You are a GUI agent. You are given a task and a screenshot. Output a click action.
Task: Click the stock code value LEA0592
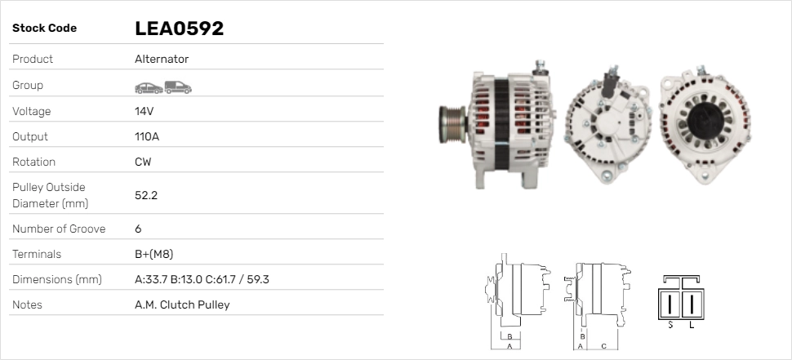coord(179,29)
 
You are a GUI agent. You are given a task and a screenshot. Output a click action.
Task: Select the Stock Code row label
coord(44,29)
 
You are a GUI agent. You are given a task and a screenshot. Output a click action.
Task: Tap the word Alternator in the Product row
coord(162,59)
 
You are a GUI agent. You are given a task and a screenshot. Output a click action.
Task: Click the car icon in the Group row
coord(148,87)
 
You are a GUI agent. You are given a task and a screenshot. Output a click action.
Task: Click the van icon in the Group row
coord(177,87)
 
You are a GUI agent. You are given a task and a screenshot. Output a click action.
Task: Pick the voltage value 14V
coord(145,111)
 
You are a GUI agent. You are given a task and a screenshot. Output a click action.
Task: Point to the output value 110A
coord(147,136)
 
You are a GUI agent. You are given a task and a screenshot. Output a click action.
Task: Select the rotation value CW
coord(143,162)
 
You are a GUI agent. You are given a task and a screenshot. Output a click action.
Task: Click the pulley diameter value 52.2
coord(146,195)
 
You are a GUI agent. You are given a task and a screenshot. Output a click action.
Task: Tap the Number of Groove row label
coord(59,229)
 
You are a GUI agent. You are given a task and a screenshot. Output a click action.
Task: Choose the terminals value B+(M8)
coord(154,254)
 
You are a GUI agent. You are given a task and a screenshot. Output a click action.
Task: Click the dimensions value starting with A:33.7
coord(202,279)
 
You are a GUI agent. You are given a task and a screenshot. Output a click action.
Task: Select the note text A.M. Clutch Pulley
coord(182,304)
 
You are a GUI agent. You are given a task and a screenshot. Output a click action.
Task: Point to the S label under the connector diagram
coord(670,325)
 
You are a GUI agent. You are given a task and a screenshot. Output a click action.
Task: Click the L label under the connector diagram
coord(692,325)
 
